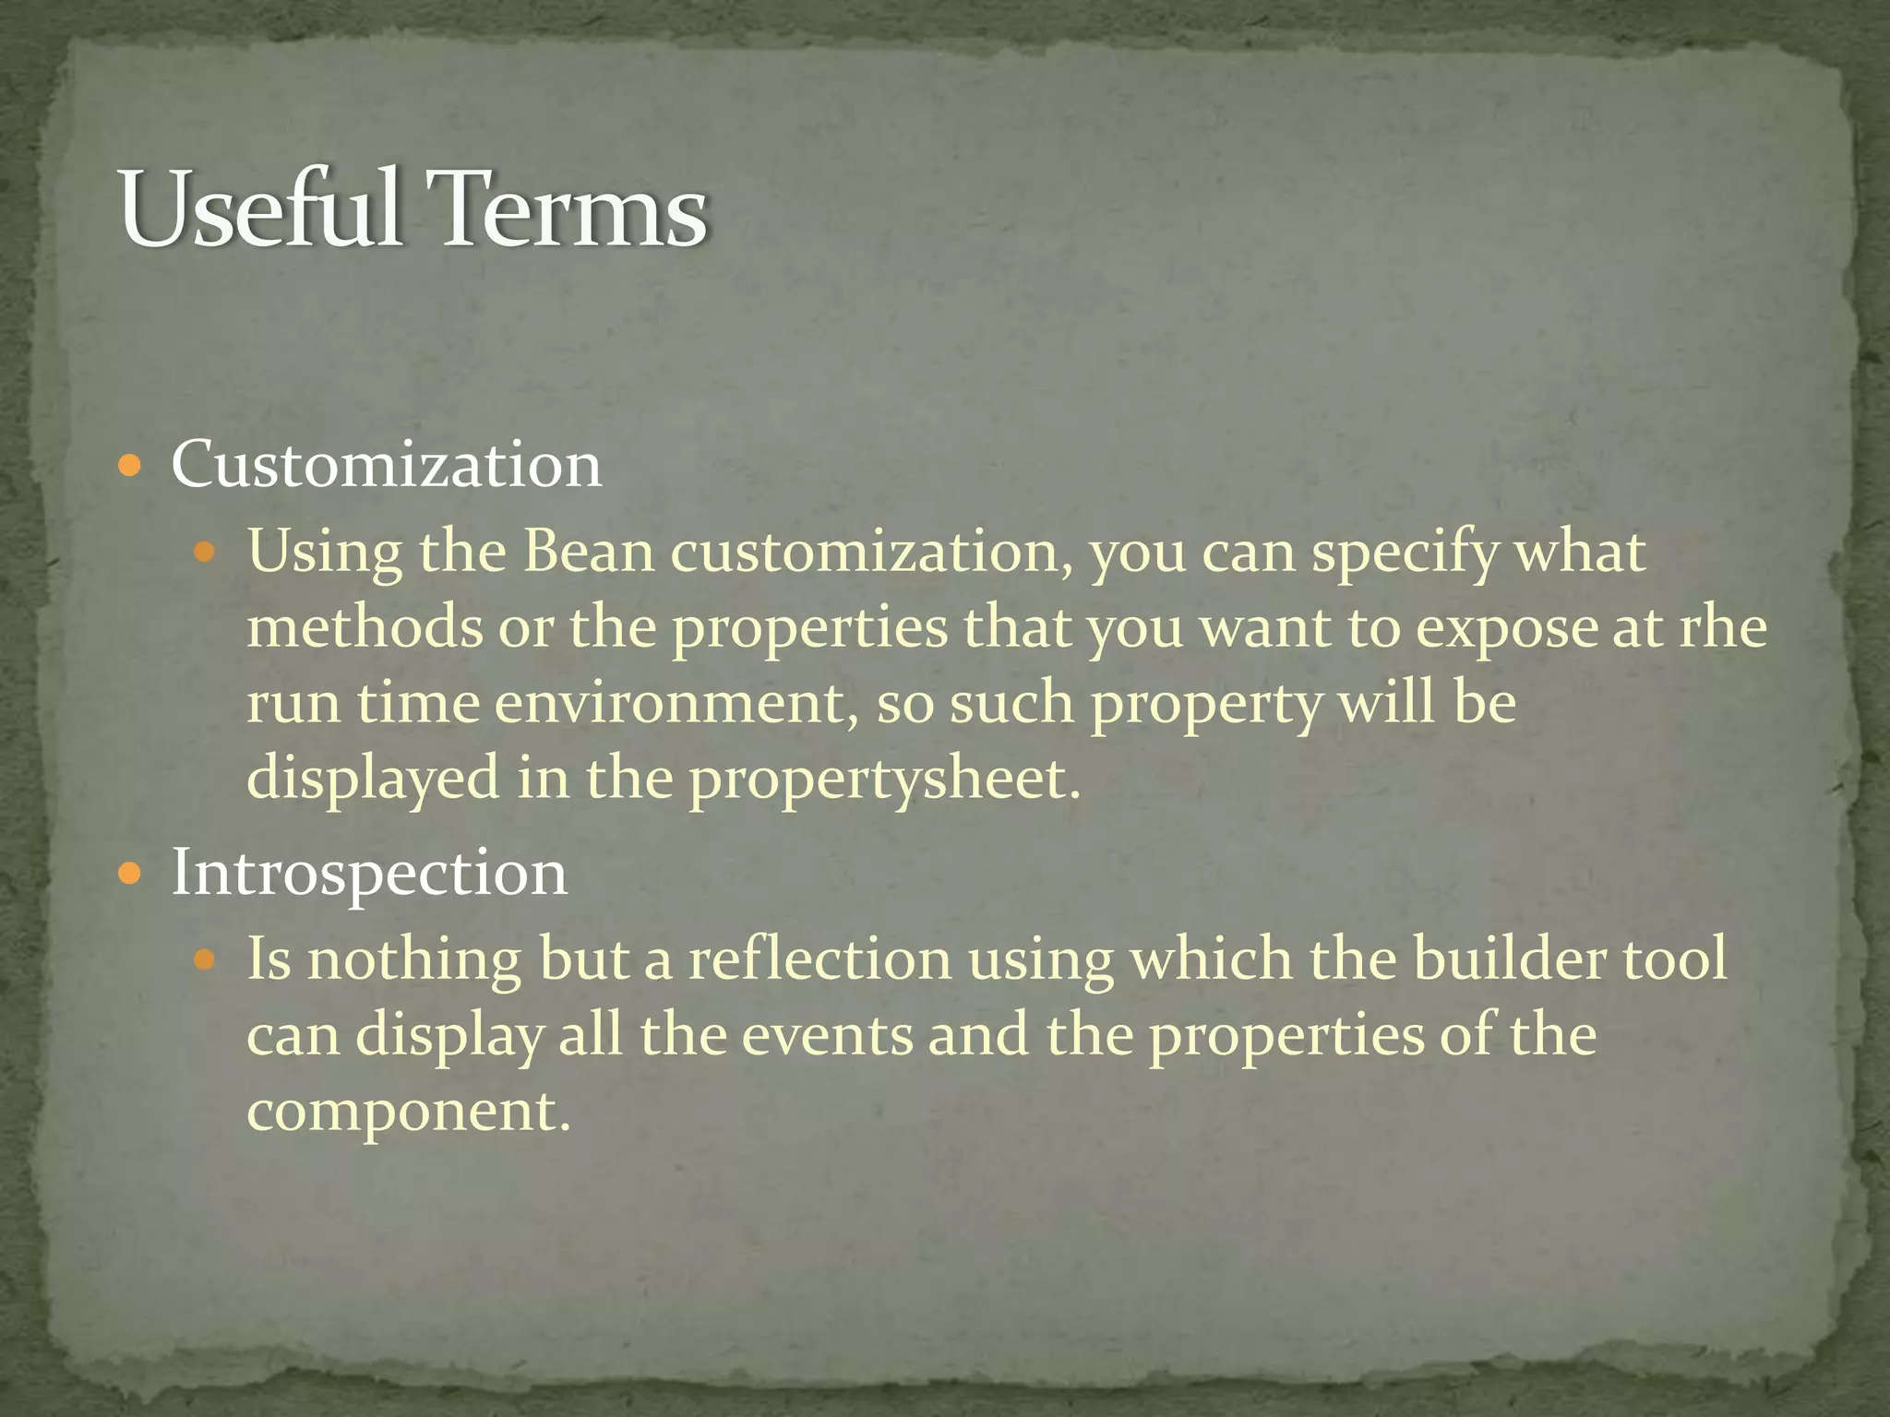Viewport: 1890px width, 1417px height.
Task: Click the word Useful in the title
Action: [260, 210]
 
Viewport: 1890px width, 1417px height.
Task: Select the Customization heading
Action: [386, 464]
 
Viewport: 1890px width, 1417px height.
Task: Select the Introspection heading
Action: [369, 873]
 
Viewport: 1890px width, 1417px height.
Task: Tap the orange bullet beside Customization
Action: [131, 465]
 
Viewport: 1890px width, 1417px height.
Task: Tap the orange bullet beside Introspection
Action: [131, 873]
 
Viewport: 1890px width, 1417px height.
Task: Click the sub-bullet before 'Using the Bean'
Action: [205, 554]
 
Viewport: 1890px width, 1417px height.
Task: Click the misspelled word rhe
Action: [1722, 627]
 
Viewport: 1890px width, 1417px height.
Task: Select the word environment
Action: [671, 703]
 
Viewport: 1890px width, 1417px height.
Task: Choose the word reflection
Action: [819, 959]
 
